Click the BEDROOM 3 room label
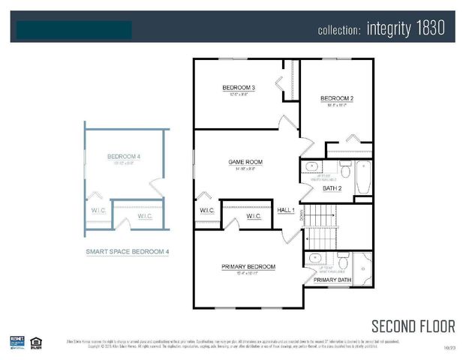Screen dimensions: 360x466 click(x=239, y=88)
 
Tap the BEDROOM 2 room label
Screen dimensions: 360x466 click(x=337, y=99)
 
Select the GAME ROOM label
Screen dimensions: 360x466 click(x=245, y=161)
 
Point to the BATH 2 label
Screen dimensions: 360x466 click(x=332, y=188)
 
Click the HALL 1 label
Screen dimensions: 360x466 click(x=286, y=211)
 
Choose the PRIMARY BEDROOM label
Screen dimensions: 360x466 click(x=248, y=266)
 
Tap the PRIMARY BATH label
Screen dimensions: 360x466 click(x=331, y=280)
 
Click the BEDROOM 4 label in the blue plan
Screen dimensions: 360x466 click(x=124, y=157)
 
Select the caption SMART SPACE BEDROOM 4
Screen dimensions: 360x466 click(x=127, y=253)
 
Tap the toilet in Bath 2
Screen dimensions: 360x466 click(x=344, y=169)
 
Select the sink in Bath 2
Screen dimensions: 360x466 click(x=313, y=166)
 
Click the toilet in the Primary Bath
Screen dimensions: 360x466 click(x=343, y=262)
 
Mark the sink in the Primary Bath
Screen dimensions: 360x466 click(x=313, y=260)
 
